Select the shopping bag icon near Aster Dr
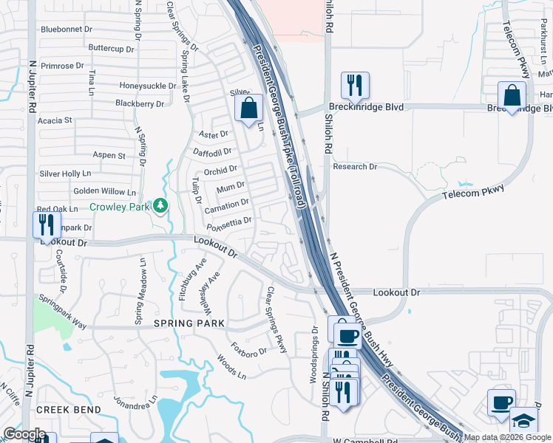tap(249, 108)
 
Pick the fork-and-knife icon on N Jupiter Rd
tap(47, 225)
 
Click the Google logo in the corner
tap(24, 434)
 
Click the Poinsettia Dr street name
tap(229, 221)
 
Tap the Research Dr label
tap(355, 167)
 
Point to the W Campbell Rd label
tap(364, 441)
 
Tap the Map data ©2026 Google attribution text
tap(507, 437)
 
